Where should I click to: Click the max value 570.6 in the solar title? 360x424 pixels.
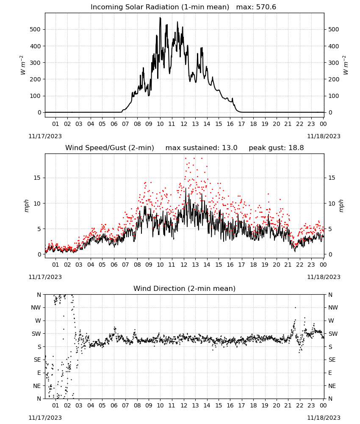click(x=266, y=7)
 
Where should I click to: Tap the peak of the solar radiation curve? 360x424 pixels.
click(x=160, y=17)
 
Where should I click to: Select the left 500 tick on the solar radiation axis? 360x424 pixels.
click(x=36, y=29)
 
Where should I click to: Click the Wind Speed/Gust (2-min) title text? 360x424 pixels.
click(x=110, y=148)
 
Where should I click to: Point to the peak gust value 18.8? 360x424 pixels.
click(x=296, y=148)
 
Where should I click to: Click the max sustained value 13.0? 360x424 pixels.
click(x=230, y=148)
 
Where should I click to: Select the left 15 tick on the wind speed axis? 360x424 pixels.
click(x=37, y=178)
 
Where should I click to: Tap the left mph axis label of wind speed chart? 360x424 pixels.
click(x=26, y=206)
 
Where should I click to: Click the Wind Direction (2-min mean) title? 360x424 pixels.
click(x=185, y=288)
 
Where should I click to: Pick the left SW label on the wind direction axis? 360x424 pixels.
click(x=36, y=334)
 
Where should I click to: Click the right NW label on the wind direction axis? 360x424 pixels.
click(x=333, y=307)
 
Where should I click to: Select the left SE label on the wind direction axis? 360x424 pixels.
click(x=37, y=360)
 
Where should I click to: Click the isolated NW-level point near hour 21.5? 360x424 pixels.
click(x=295, y=307)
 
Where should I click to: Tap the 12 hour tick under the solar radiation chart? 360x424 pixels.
click(x=184, y=124)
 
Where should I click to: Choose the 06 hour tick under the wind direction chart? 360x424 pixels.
click(x=114, y=405)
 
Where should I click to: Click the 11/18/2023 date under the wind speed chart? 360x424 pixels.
click(x=324, y=277)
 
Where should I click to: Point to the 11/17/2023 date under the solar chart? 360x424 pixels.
click(x=45, y=136)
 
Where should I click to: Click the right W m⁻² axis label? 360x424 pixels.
click(x=346, y=65)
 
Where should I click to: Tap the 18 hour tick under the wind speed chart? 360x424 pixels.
click(x=253, y=265)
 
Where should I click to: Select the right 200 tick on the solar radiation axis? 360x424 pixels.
click(x=334, y=79)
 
